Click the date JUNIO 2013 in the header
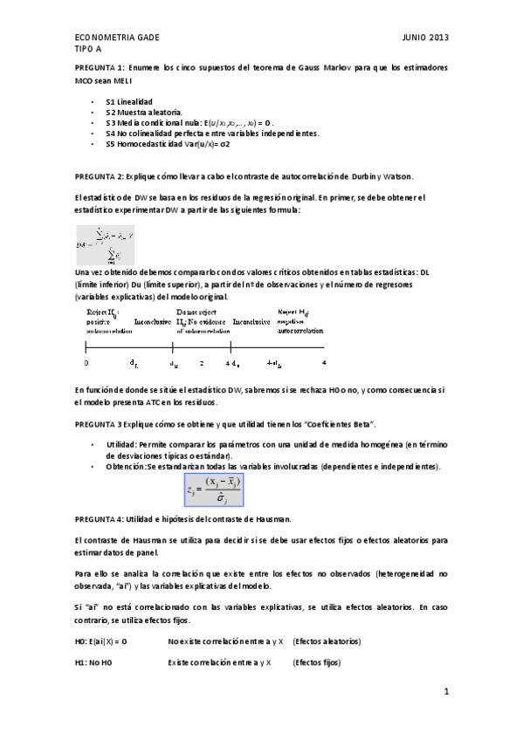425,39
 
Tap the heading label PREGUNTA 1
99,67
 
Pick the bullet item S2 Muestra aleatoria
144,113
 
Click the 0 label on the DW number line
86,362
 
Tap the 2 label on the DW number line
201,362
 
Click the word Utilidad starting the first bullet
120,444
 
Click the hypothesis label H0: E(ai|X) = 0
101,641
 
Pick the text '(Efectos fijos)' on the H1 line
317,663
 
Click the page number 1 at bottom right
445,693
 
